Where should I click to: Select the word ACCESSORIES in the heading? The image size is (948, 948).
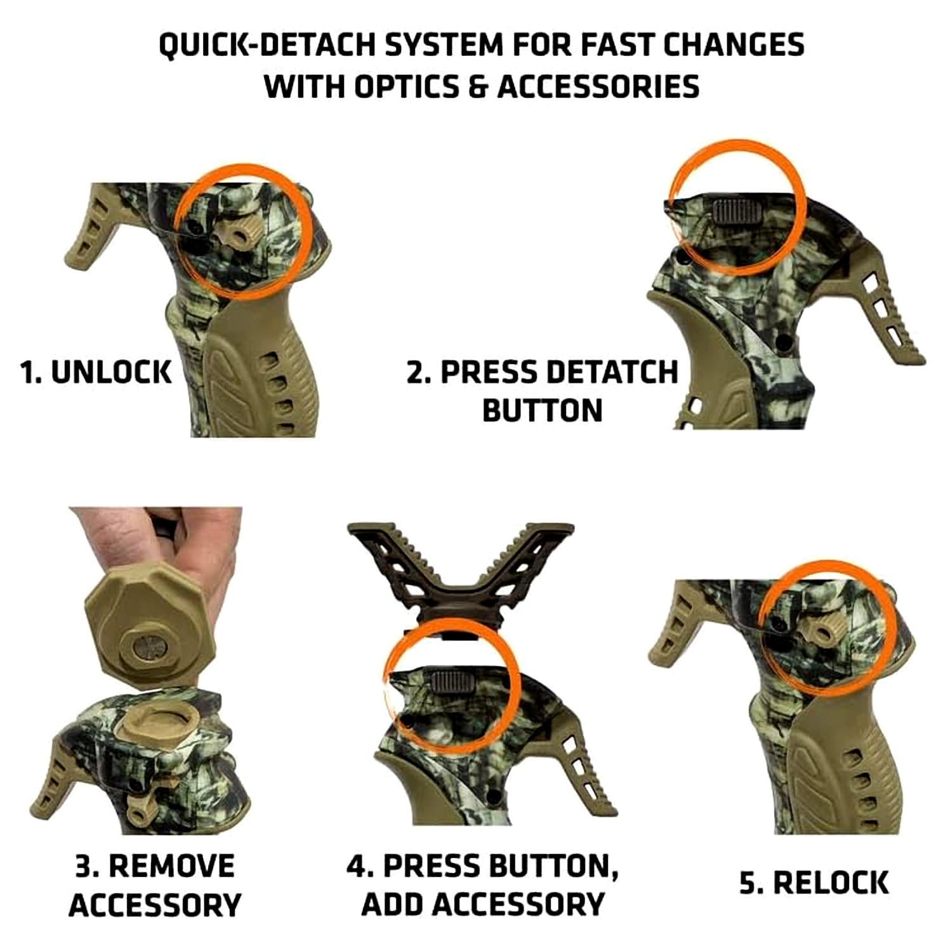598,86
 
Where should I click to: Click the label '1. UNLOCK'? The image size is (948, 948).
95,372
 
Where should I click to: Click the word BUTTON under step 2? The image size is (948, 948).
543,411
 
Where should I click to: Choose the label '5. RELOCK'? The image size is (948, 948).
814,883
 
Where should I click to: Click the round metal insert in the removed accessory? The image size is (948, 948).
150,648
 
